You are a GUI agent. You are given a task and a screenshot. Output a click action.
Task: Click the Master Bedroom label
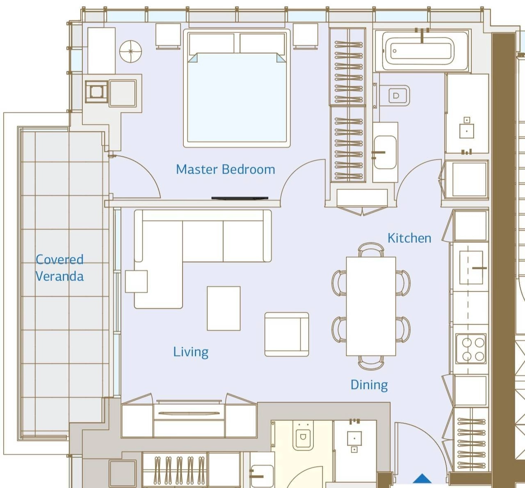click(x=226, y=169)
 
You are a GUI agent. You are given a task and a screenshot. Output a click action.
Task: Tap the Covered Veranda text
click(x=60, y=268)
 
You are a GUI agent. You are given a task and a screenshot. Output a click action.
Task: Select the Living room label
click(x=191, y=352)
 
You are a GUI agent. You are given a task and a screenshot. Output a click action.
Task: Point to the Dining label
click(x=369, y=385)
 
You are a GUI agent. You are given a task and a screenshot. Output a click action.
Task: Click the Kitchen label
click(x=409, y=238)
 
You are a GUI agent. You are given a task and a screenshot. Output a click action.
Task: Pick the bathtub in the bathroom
click(x=422, y=50)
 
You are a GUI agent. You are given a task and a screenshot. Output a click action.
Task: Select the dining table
click(x=371, y=306)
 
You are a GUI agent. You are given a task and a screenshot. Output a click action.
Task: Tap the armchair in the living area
click(x=287, y=334)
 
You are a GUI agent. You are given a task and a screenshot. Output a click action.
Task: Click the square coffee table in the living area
click(x=224, y=308)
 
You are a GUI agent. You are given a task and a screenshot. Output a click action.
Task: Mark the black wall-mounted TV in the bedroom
click(x=240, y=198)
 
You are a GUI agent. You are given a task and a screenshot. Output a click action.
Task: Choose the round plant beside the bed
click(x=130, y=52)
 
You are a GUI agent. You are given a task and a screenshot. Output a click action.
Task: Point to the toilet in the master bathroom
click(x=399, y=95)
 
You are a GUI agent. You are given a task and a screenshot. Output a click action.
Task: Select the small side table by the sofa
click(x=137, y=281)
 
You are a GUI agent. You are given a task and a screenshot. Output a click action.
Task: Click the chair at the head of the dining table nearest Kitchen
click(x=371, y=250)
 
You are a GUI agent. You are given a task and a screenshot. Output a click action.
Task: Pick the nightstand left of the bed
click(x=168, y=36)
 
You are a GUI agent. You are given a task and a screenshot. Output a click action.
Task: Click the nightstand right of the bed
click(x=305, y=36)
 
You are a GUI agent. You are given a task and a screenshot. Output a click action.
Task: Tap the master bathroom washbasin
click(x=385, y=152)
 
